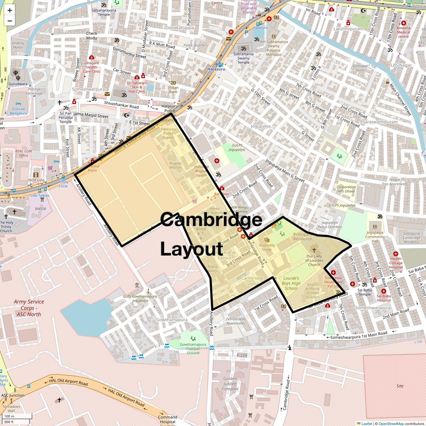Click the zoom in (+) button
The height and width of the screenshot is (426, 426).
click(x=10, y=10)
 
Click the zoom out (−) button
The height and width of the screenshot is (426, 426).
click(x=10, y=21)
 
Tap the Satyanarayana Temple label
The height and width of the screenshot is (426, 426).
click(x=104, y=12)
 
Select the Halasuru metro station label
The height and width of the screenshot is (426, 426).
click(x=216, y=69)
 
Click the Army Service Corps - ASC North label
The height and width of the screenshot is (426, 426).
click(x=29, y=308)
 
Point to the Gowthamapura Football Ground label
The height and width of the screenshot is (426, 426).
click(x=193, y=349)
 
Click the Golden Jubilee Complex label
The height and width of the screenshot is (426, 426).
click(x=230, y=384)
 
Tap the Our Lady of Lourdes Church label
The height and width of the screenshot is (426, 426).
click(x=314, y=260)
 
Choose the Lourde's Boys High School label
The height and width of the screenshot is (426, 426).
click(x=291, y=283)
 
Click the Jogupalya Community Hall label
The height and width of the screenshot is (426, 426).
click(x=375, y=237)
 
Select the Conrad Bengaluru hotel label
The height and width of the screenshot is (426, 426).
click(x=18, y=111)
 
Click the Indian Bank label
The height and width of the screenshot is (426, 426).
click(x=173, y=89)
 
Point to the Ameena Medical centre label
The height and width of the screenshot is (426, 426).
click(x=403, y=32)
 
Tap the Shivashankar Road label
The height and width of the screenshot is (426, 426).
click(x=121, y=105)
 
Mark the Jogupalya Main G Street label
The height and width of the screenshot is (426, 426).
click(x=285, y=171)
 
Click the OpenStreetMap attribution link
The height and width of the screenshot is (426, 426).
click(x=391, y=424)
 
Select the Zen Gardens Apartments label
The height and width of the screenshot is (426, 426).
click(x=236, y=321)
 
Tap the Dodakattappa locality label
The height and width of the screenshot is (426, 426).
click(x=180, y=28)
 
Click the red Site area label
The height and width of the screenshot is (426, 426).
click(x=400, y=386)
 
